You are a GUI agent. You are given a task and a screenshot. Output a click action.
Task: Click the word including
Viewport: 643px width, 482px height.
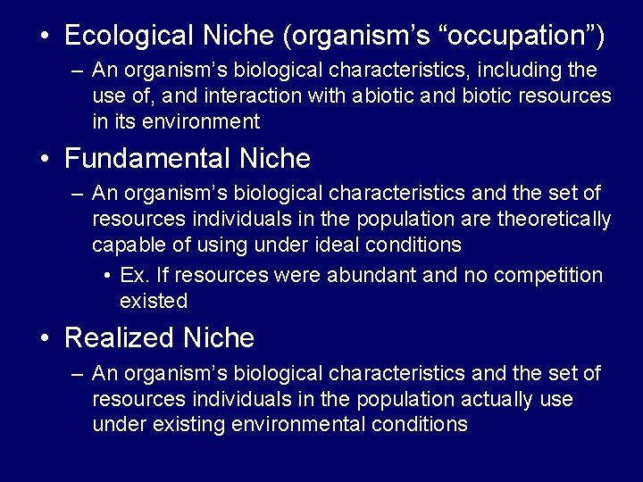tap(518, 70)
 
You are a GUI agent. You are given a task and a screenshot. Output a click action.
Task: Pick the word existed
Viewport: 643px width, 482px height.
tap(154, 302)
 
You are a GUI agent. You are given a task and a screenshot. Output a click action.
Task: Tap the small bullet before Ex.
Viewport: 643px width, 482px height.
tap(106, 276)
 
